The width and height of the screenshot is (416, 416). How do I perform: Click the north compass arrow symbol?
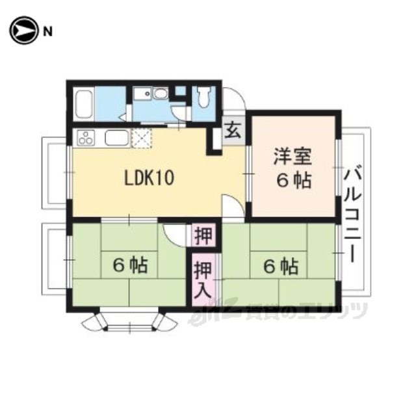pyautogui.click(x=23, y=31)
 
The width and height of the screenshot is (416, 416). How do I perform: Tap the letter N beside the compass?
pyautogui.click(x=47, y=32)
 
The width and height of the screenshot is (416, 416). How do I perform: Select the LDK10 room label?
pyautogui.click(x=149, y=178)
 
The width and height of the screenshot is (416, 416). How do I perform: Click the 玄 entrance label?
pyautogui.click(x=233, y=130)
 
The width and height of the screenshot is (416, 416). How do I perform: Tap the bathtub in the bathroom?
pyautogui.click(x=84, y=104)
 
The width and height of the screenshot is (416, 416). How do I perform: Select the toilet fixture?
pyautogui.click(x=203, y=97)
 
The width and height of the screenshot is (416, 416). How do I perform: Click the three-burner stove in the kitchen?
pyautogui.click(x=86, y=138)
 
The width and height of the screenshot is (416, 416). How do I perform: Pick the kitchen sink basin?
pyautogui.click(x=117, y=137)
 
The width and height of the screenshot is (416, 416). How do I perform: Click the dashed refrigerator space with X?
pyautogui.click(x=142, y=137)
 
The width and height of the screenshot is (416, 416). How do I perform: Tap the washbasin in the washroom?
pyautogui.click(x=161, y=94)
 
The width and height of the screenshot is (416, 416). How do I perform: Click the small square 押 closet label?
pyautogui.click(x=203, y=235)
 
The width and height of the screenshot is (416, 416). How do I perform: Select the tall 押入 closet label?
pyautogui.click(x=203, y=279)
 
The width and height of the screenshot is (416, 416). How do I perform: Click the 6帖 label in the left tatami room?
pyautogui.click(x=130, y=265)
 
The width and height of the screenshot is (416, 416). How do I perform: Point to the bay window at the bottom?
pyautogui.click(x=129, y=321)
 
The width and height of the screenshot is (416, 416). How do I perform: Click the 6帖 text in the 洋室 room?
pyautogui.click(x=293, y=181)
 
